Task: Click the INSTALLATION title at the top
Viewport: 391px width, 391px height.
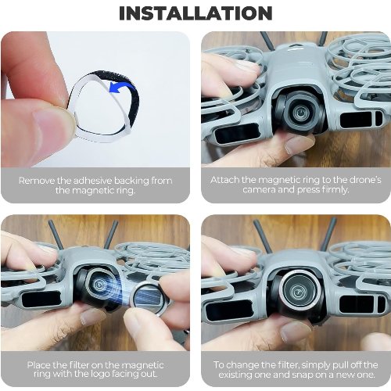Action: (195, 13)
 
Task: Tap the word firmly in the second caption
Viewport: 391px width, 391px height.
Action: (335, 190)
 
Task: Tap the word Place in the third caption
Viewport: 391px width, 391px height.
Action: (38, 364)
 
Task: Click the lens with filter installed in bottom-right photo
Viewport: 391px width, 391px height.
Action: (297, 291)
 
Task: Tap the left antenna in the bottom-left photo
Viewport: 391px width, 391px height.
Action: (56, 235)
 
